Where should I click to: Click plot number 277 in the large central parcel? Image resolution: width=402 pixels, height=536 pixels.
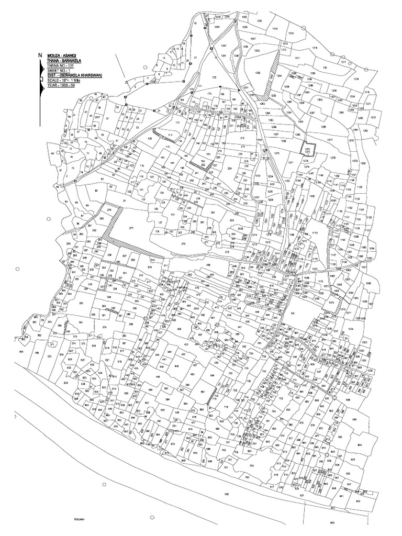131,229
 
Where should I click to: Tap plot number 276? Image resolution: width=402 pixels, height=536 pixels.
183,244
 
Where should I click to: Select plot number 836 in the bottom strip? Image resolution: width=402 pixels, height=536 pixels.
226,494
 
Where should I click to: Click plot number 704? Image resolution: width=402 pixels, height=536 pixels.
251,465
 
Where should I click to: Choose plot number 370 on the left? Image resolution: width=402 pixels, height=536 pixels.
49,355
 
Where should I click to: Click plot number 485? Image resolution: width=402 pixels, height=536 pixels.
208,265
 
